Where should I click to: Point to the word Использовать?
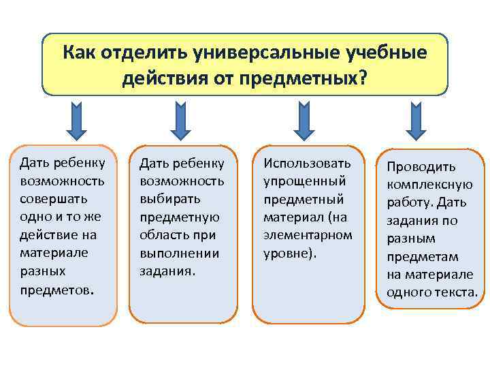[307, 164]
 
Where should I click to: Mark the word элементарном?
[308, 235]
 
